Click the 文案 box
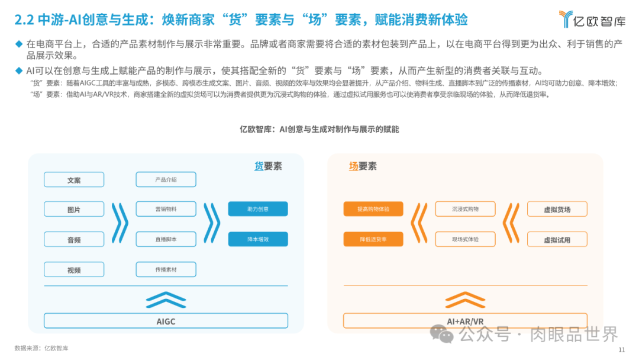(74, 180)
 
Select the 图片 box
(74, 210)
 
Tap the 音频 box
(74, 240)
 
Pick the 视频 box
(74, 270)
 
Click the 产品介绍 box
(166, 179)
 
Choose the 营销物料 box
(166, 209)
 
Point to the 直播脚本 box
(166, 239)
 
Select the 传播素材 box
(166, 269)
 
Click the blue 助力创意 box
(258, 209)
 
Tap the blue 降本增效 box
(258, 239)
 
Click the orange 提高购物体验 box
(373, 209)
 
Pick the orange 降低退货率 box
(373, 239)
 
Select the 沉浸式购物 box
(465, 209)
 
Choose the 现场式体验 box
(465, 239)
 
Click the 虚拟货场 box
(557, 209)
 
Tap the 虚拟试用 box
(557, 240)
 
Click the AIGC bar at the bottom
(166, 322)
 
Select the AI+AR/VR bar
(465, 322)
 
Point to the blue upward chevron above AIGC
(166, 300)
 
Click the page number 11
(621, 350)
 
